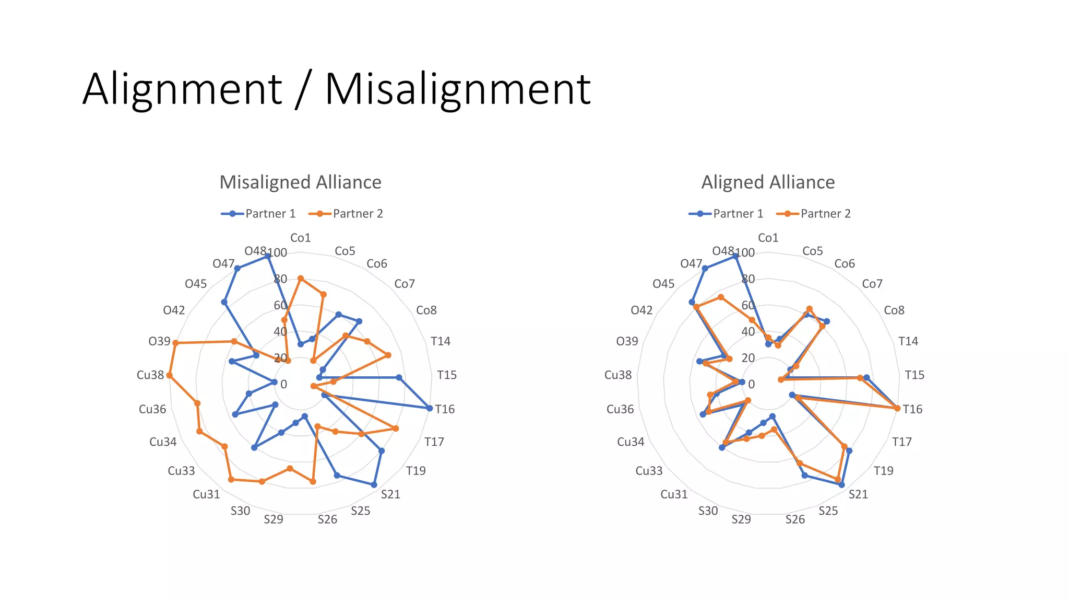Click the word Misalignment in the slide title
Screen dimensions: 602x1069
(x=458, y=89)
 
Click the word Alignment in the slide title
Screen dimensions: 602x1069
(x=182, y=89)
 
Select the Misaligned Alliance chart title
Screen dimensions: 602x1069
(x=300, y=182)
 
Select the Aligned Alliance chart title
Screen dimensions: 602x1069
(x=768, y=182)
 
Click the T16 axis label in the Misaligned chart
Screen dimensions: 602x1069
(x=445, y=409)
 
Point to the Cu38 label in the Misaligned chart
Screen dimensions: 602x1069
(x=150, y=375)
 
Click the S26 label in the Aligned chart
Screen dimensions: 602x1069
(x=795, y=519)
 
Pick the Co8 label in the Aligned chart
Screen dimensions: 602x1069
(x=894, y=310)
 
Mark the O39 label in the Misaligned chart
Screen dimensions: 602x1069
(x=159, y=341)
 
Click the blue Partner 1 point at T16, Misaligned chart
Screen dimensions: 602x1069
(x=430, y=408)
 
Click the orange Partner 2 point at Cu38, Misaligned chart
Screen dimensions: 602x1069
(x=169, y=375)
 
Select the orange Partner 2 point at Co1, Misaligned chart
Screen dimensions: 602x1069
(x=300, y=279)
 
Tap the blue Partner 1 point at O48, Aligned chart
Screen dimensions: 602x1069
(x=736, y=257)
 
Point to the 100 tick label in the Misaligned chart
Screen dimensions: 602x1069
(x=278, y=253)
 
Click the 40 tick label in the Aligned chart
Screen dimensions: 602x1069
(x=748, y=332)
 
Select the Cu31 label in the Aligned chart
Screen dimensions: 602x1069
(x=674, y=494)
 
